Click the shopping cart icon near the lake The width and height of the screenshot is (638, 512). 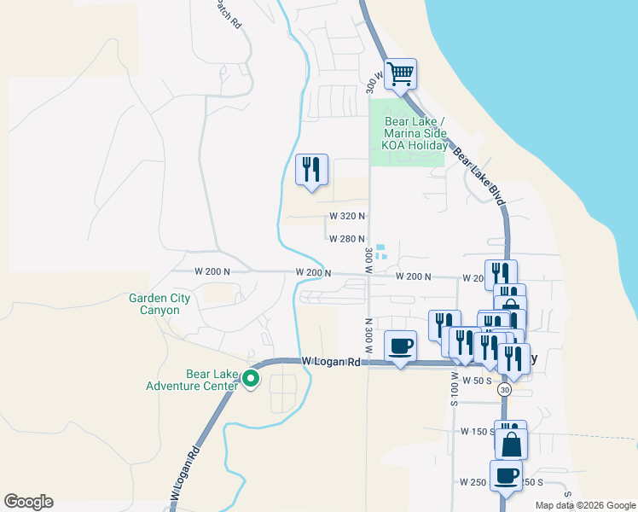coord(400,73)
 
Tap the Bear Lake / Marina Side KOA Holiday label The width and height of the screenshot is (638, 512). coord(415,134)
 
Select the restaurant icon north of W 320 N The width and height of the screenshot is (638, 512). coord(311,169)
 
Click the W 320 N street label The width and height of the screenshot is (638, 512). coord(349,217)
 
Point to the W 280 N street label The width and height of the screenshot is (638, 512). coord(349,239)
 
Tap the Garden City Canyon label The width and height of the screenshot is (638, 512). coord(154,304)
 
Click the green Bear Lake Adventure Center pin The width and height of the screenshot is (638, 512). coord(251,379)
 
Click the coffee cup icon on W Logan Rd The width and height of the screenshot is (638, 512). coord(401,346)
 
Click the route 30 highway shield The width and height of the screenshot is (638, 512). coord(506,390)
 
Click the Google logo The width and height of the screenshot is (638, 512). coord(28,502)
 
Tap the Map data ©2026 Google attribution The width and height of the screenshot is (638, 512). coord(584,505)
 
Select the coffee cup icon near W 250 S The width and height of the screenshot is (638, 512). coord(506,475)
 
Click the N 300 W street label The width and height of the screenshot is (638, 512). coord(369,336)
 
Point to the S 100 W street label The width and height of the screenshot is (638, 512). coord(455,388)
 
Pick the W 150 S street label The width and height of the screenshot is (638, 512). coord(478,432)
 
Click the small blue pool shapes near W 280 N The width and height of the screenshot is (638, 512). coord(381,251)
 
